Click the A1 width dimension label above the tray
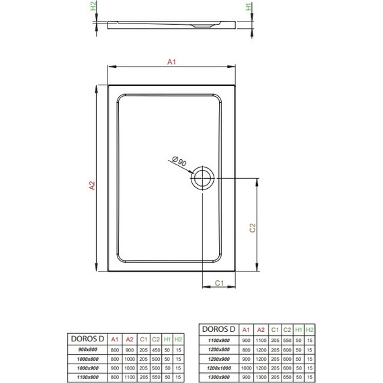pyautogui.click(x=171, y=62)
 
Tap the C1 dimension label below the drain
pyautogui.click(x=219, y=282)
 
